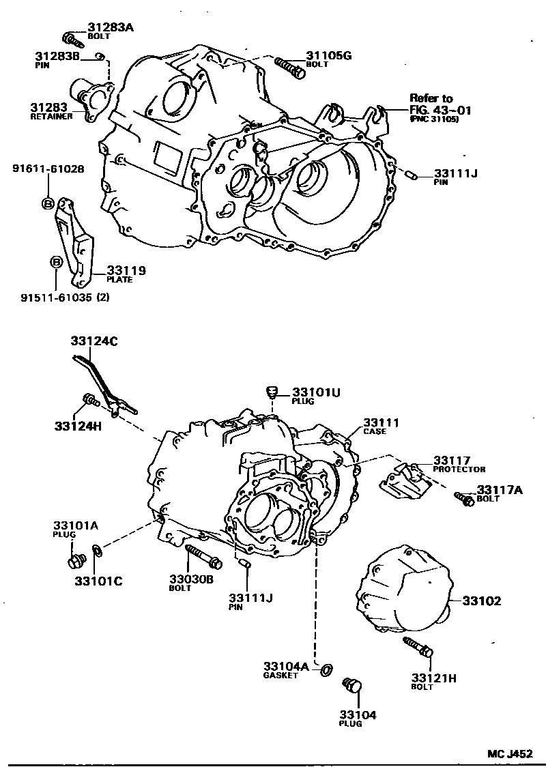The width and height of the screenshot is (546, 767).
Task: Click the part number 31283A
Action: [x=110, y=27]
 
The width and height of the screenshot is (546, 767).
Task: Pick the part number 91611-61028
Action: [x=47, y=169]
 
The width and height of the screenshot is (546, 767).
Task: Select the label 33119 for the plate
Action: [x=126, y=270]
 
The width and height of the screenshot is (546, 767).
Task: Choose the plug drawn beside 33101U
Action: [x=272, y=392]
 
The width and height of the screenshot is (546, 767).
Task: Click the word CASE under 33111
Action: [x=375, y=431]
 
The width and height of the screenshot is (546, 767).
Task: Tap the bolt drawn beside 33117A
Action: [x=465, y=499]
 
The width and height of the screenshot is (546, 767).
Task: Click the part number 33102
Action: [x=482, y=601]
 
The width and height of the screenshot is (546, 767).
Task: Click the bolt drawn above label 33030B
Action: [x=201, y=555]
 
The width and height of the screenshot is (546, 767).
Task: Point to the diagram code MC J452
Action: [x=510, y=753]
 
